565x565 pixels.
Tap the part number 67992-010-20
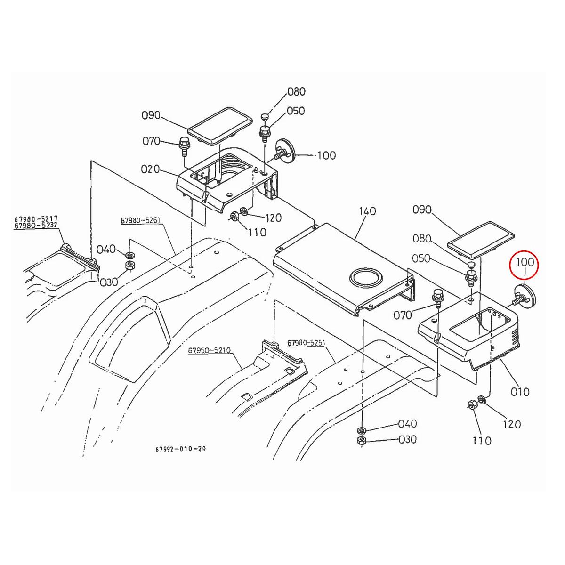(x=180, y=449)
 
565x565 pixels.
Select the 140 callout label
(x=367, y=211)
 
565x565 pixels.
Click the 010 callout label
(x=520, y=392)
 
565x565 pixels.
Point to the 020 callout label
(x=151, y=169)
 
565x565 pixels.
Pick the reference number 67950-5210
(x=209, y=351)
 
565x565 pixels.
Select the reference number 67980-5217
(x=36, y=218)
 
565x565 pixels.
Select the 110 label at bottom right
(x=481, y=441)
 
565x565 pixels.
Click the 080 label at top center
(x=296, y=91)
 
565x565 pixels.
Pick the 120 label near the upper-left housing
(x=273, y=218)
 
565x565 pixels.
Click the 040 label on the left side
(x=106, y=249)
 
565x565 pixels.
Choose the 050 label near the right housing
(x=421, y=258)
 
